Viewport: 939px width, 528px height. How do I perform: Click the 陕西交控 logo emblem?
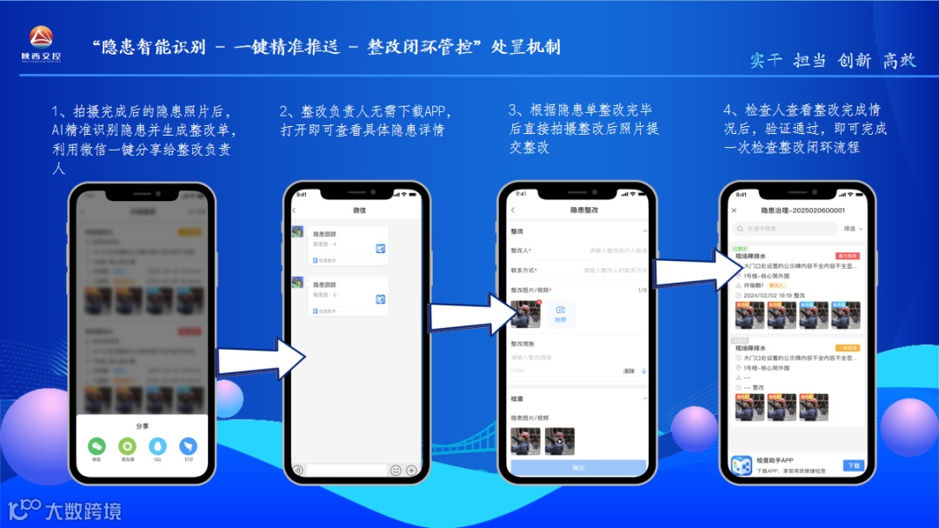pyautogui.click(x=41, y=37)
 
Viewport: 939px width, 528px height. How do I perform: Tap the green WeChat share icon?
pyautogui.click(x=96, y=445)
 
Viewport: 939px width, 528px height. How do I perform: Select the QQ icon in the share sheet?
pyautogui.click(x=157, y=445)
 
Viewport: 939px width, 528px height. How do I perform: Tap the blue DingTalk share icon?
pyautogui.click(x=188, y=445)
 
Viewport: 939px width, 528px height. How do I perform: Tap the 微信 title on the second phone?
pyautogui.click(x=359, y=211)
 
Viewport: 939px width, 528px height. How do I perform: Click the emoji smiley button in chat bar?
pyautogui.click(x=396, y=470)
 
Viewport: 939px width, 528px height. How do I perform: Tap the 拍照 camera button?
pyautogui.click(x=561, y=313)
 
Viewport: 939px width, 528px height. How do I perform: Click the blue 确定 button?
pyautogui.click(x=578, y=468)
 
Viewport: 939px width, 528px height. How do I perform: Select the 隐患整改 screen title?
pyautogui.click(x=583, y=211)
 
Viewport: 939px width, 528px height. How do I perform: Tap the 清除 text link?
pyautogui.click(x=628, y=371)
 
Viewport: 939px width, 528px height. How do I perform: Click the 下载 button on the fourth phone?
pyautogui.click(x=853, y=465)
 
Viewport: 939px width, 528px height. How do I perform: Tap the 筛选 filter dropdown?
pyautogui.click(x=853, y=229)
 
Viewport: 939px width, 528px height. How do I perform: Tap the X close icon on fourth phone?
pyautogui.click(x=734, y=211)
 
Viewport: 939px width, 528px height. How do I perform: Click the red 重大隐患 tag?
pyautogui.click(x=847, y=257)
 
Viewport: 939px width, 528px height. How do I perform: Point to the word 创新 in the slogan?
pyautogui.click(x=854, y=60)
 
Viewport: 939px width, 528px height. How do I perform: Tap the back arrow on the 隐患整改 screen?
pyautogui.click(x=513, y=211)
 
